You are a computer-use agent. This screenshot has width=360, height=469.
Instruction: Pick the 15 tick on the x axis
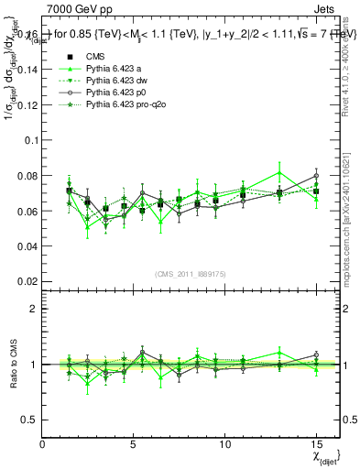[315, 444]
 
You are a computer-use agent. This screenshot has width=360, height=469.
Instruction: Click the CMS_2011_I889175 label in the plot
[191, 273]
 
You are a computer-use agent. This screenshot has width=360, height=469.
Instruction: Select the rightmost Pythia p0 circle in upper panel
[316, 175]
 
